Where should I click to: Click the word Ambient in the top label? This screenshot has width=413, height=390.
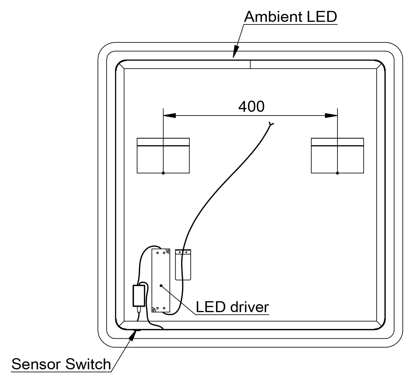tap(273, 17)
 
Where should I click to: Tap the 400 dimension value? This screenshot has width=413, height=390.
tap(251, 106)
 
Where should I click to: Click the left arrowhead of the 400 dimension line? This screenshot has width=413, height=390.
tap(170, 115)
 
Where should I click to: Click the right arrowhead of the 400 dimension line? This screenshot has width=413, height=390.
tap(331, 115)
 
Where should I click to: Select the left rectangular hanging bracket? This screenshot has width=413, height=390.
tap(163, 155)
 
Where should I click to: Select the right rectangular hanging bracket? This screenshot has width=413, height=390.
tap(337, 155)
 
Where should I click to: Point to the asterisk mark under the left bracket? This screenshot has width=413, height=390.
tap(163, 173)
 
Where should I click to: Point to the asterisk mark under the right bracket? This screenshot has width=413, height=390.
tap(337, 173)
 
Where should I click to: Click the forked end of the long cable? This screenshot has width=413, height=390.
tap(271, 124)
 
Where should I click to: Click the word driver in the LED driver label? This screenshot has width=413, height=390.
tap(250, 307)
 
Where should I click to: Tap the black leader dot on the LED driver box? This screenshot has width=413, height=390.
tap(161, 285)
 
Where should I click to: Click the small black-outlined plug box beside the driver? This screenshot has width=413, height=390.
tap(138, 296)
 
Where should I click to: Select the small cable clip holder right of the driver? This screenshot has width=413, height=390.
tap(183, 264)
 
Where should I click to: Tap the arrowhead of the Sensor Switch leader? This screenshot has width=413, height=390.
tap(135, 335)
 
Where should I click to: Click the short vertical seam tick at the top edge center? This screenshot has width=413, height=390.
tap(250, 64)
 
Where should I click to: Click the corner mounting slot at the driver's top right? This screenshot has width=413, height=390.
tap(168, 251)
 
